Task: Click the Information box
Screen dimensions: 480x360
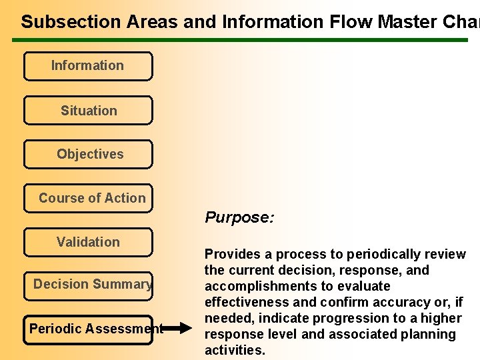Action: (x=87, y=66)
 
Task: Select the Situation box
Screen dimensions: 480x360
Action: (x=88, y=111)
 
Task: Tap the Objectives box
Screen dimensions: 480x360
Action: (x=88, y=154)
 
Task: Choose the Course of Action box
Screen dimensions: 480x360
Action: (x=88, y=198)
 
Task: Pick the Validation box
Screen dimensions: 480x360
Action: (x=88, y=242)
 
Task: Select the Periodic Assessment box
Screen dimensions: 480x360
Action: (x=88, y=329)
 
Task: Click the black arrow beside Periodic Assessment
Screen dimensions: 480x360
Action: (x=174, y=328)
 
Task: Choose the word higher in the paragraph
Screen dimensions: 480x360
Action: (x=442, y=318)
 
